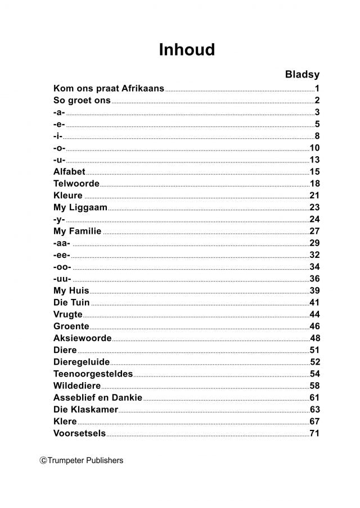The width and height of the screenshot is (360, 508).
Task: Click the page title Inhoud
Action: (x=187, y=50)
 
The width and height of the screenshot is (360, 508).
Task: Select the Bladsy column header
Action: (x=302, y=74)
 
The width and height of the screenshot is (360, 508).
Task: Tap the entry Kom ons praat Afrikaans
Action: (x=109, y=88)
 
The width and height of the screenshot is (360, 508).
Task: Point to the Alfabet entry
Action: (x=69, y=171)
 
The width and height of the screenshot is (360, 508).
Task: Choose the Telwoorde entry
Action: (x=76, y=184)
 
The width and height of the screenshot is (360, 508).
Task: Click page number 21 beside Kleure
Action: (x=314, y=196)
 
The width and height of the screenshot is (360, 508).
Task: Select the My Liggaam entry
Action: (x=80, y=207)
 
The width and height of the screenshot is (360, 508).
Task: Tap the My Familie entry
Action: (x=77, y=231)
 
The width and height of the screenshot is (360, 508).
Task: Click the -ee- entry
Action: (x=61, y=255)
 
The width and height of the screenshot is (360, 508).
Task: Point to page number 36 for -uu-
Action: (x=314, y=279)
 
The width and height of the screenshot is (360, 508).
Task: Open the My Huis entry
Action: (x=71, y=291)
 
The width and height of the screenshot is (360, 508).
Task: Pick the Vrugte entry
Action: (x=67, y=314)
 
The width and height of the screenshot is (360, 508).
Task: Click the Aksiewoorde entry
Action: (x=82, y=338)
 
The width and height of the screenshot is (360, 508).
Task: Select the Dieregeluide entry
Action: (x=82, y=362)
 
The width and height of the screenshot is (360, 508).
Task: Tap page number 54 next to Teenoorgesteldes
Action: (x=314, y=374)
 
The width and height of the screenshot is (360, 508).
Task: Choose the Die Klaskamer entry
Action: (x=85, y=410)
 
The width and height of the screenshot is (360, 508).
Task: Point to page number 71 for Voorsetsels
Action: (x=314, y=433)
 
